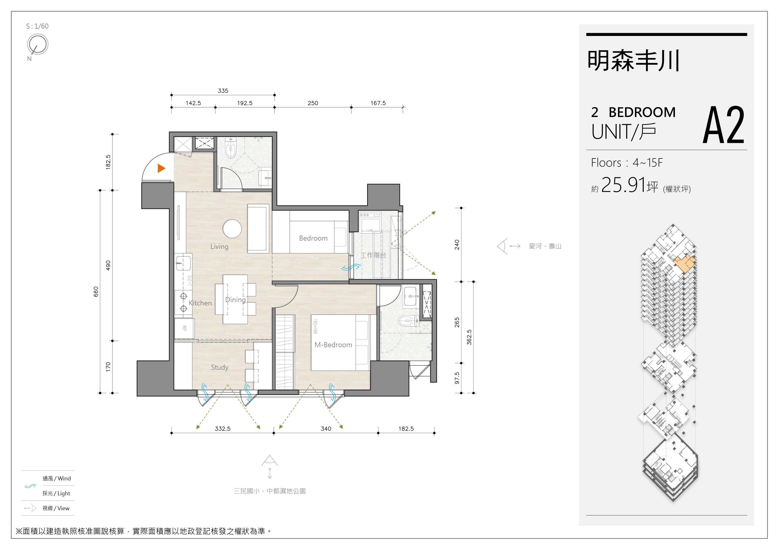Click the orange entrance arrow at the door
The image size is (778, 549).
tap(161, 168)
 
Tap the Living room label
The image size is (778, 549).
tap(219, 246)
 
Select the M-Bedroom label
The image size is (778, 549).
tap(333, 345)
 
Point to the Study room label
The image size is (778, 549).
tap(220, 367)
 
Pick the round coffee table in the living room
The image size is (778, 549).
tap(232, 228)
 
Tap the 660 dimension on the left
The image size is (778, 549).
tap(96, 291)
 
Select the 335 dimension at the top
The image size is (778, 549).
tap(223, 91)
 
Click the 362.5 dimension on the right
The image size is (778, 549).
tap(469, 337)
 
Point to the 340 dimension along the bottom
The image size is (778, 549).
tap(326, 429)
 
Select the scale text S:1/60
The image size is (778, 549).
tap(37, 26)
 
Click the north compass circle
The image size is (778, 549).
tap(38, 44)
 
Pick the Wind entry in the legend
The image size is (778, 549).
tap(56, 479)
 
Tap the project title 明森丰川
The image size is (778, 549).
tap(633, 61)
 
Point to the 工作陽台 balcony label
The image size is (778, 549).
tap(373, 255)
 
